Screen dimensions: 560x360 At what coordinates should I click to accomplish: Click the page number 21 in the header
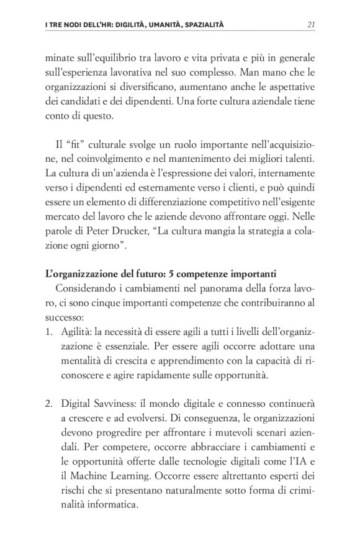point(312,24)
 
